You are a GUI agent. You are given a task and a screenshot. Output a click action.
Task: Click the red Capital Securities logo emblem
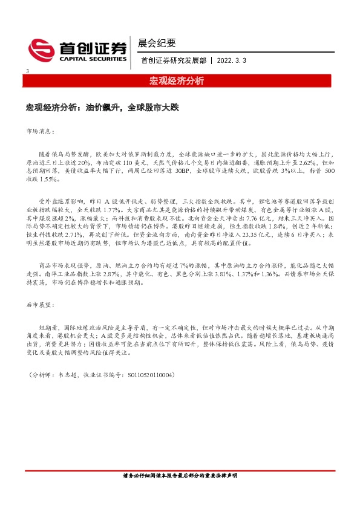(x=42, y=50)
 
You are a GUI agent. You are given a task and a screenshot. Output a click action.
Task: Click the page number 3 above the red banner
(x=28, y=72)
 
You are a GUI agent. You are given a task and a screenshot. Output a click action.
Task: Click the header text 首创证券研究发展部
(x=173, y=61)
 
